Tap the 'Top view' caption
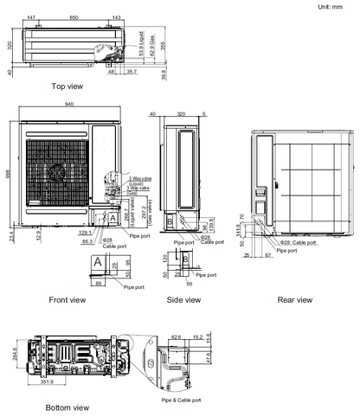67,86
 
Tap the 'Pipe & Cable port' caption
181,400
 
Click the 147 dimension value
32,17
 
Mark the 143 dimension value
118,17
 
